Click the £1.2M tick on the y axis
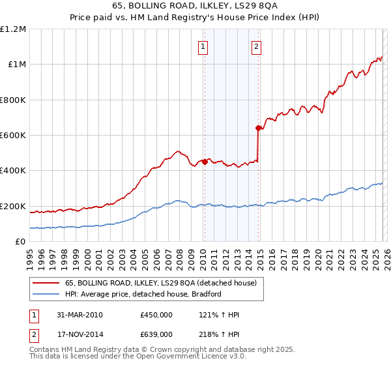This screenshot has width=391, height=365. pos(13,29)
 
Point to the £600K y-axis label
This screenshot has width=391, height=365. pos(13,136)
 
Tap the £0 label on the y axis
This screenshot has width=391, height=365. pos(20,242)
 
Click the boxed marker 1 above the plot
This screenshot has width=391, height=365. pos(204,46)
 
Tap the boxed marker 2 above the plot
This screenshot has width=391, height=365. pos(257,46)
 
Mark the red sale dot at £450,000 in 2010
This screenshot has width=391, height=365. pos(205,162)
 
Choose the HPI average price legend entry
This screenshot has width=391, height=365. pos(143,294)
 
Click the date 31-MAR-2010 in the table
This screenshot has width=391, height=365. pos(80,315)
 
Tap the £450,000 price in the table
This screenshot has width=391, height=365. pos(156,315)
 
